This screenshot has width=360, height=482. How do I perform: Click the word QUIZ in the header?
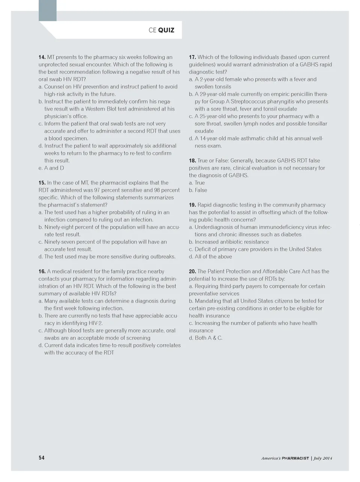pos(166,30)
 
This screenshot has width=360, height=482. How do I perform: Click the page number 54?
pos(41,458)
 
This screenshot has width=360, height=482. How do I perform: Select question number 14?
pos(42,57)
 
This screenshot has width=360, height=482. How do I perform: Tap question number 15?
pos(42,183)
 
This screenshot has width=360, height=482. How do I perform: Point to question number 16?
pos(42,271)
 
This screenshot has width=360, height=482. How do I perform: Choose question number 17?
pos(192,57)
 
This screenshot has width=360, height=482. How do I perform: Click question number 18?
pos(192,161)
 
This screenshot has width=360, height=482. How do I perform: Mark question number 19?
pos(192,205)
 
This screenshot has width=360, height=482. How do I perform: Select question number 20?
pos(192,271)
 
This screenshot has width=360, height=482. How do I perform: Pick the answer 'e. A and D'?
pos(51,168)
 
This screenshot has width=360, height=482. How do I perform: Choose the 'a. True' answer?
pos(197,183)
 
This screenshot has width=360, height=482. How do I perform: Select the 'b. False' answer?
pos(198,190)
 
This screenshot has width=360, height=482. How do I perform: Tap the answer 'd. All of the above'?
pos(210,257)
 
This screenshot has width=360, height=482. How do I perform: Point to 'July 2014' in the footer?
pos(323,458)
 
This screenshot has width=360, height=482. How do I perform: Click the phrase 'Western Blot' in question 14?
pos(100,109)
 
